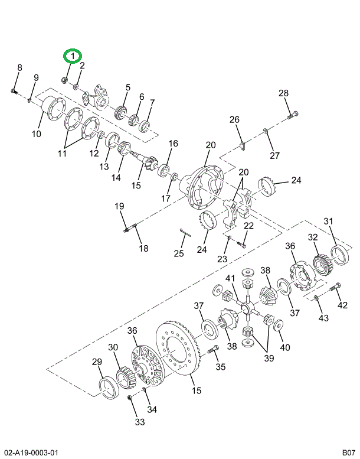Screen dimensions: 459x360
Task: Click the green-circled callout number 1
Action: click(x=72, y=56)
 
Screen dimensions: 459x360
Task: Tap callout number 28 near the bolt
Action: click(x=284, y=93)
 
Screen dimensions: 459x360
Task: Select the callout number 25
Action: click(x=179, y=253)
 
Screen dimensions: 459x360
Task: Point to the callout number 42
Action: click(x=342, y=305)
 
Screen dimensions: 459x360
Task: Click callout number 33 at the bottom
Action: click(x=139, y=422)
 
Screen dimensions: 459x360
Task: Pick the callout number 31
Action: click(x=329, y=221)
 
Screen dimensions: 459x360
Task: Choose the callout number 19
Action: click(x=119, y=206)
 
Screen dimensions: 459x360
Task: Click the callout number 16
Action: click(x=172, y=144)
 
